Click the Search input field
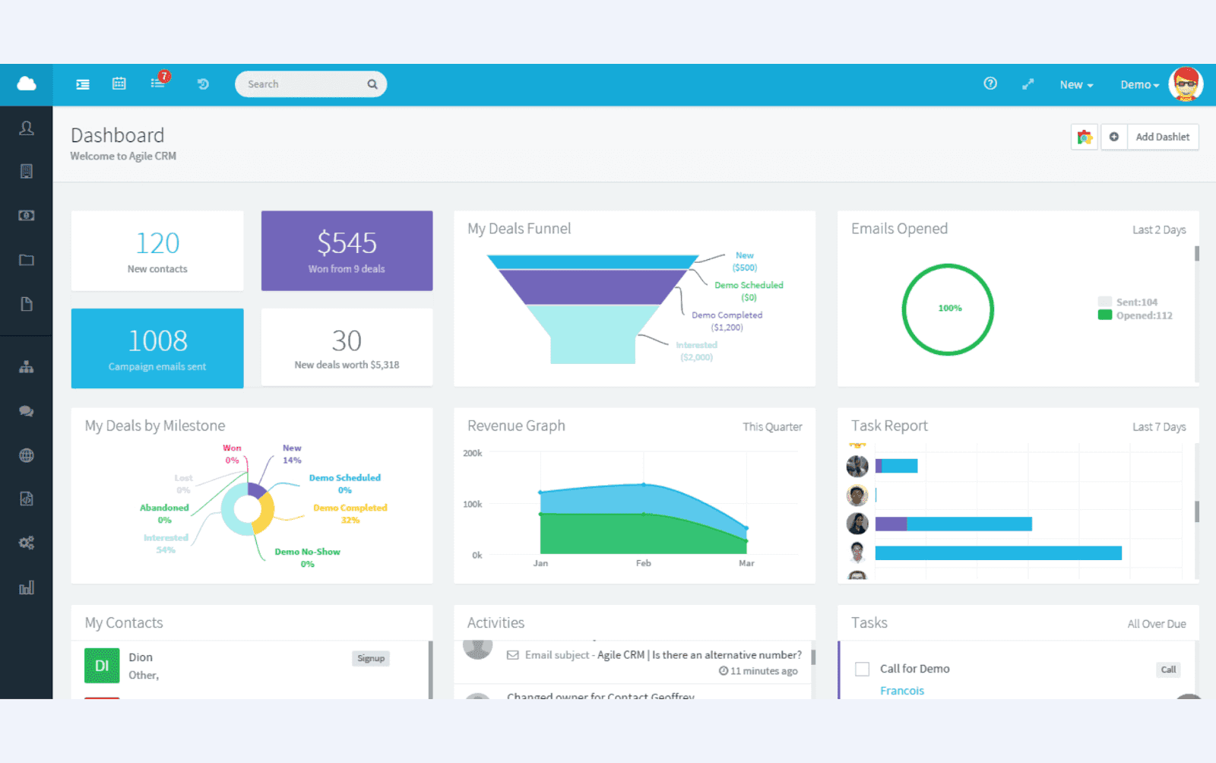(304, 84)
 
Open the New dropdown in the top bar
(1075, 85)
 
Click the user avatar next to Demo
(1185, 84)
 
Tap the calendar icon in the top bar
(119, 84)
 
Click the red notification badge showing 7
(164, 76)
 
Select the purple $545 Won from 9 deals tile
(347, 251)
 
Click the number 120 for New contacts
(157, 244)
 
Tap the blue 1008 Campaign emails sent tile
(157, 348)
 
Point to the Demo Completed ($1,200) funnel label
(727, 321)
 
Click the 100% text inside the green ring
(949, 309)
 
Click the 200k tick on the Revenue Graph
(472, 454)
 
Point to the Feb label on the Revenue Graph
(643, 563)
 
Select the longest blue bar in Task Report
(998, 553)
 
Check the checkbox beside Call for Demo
(862, 670)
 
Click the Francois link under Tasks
(901, 691)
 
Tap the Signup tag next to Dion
(371, 659)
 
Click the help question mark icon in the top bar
(990, 84)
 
